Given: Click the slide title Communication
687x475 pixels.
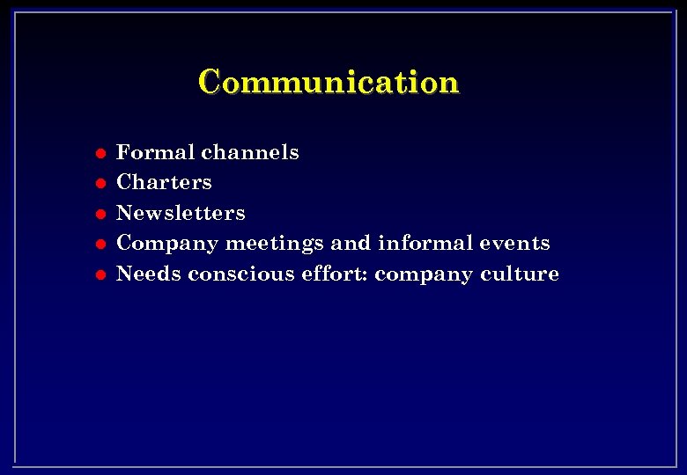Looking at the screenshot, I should [329, 82].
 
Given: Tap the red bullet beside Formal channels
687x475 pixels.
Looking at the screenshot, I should [101, 153].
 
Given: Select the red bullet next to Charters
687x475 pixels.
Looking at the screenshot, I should [101, 184].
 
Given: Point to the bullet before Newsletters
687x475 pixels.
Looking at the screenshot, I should [101, 214].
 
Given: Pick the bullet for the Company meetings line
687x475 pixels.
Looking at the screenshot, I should [101, 244].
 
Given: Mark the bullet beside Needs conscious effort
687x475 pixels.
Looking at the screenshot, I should [101, 274].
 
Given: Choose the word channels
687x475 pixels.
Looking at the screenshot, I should [250, 152].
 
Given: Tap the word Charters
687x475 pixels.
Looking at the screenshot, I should [164, 182].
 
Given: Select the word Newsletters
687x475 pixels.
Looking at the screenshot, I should [181, 213].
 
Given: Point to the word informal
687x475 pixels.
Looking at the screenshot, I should [423, 243].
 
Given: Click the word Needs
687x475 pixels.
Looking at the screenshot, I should [148, 274].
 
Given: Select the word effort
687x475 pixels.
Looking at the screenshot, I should [336, 274].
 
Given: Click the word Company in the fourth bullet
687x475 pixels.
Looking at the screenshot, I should [166, 244].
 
